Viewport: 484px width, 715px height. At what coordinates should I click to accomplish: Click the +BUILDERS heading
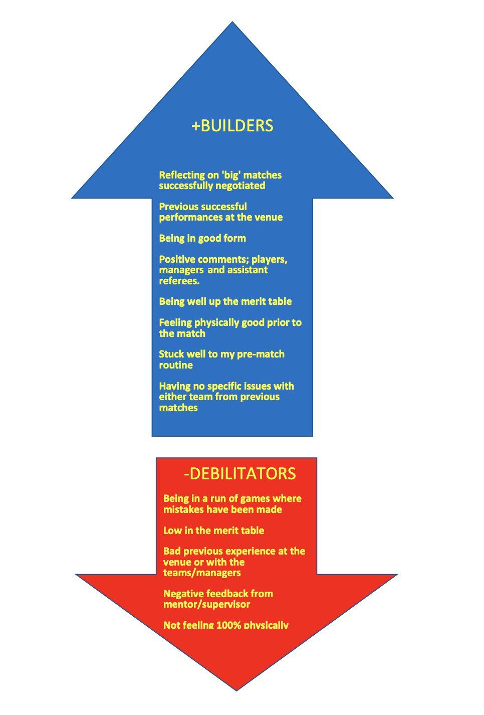(232, 125)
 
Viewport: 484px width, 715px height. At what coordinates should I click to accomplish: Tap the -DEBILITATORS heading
(240, 473)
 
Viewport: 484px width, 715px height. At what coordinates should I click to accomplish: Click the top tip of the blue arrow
(232, 22)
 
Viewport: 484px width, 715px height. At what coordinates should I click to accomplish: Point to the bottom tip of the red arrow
(236, 691)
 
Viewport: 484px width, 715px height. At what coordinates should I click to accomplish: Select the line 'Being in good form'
(202, 239)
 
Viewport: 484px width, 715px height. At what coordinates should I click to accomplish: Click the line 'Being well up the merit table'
(225, 302)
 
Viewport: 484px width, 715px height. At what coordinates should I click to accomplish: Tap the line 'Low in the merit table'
(214, 530)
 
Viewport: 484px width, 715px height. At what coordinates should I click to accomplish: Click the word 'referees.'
(179, 281)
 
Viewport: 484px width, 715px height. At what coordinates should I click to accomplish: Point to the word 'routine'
(176, 365)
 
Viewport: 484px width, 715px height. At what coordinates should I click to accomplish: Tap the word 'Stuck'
(171, 354)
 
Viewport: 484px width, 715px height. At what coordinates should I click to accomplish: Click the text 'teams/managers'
(202, 573)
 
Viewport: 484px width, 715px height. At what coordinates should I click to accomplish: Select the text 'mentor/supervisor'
(207, 604)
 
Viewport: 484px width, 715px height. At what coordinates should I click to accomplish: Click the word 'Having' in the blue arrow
(174, 386)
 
